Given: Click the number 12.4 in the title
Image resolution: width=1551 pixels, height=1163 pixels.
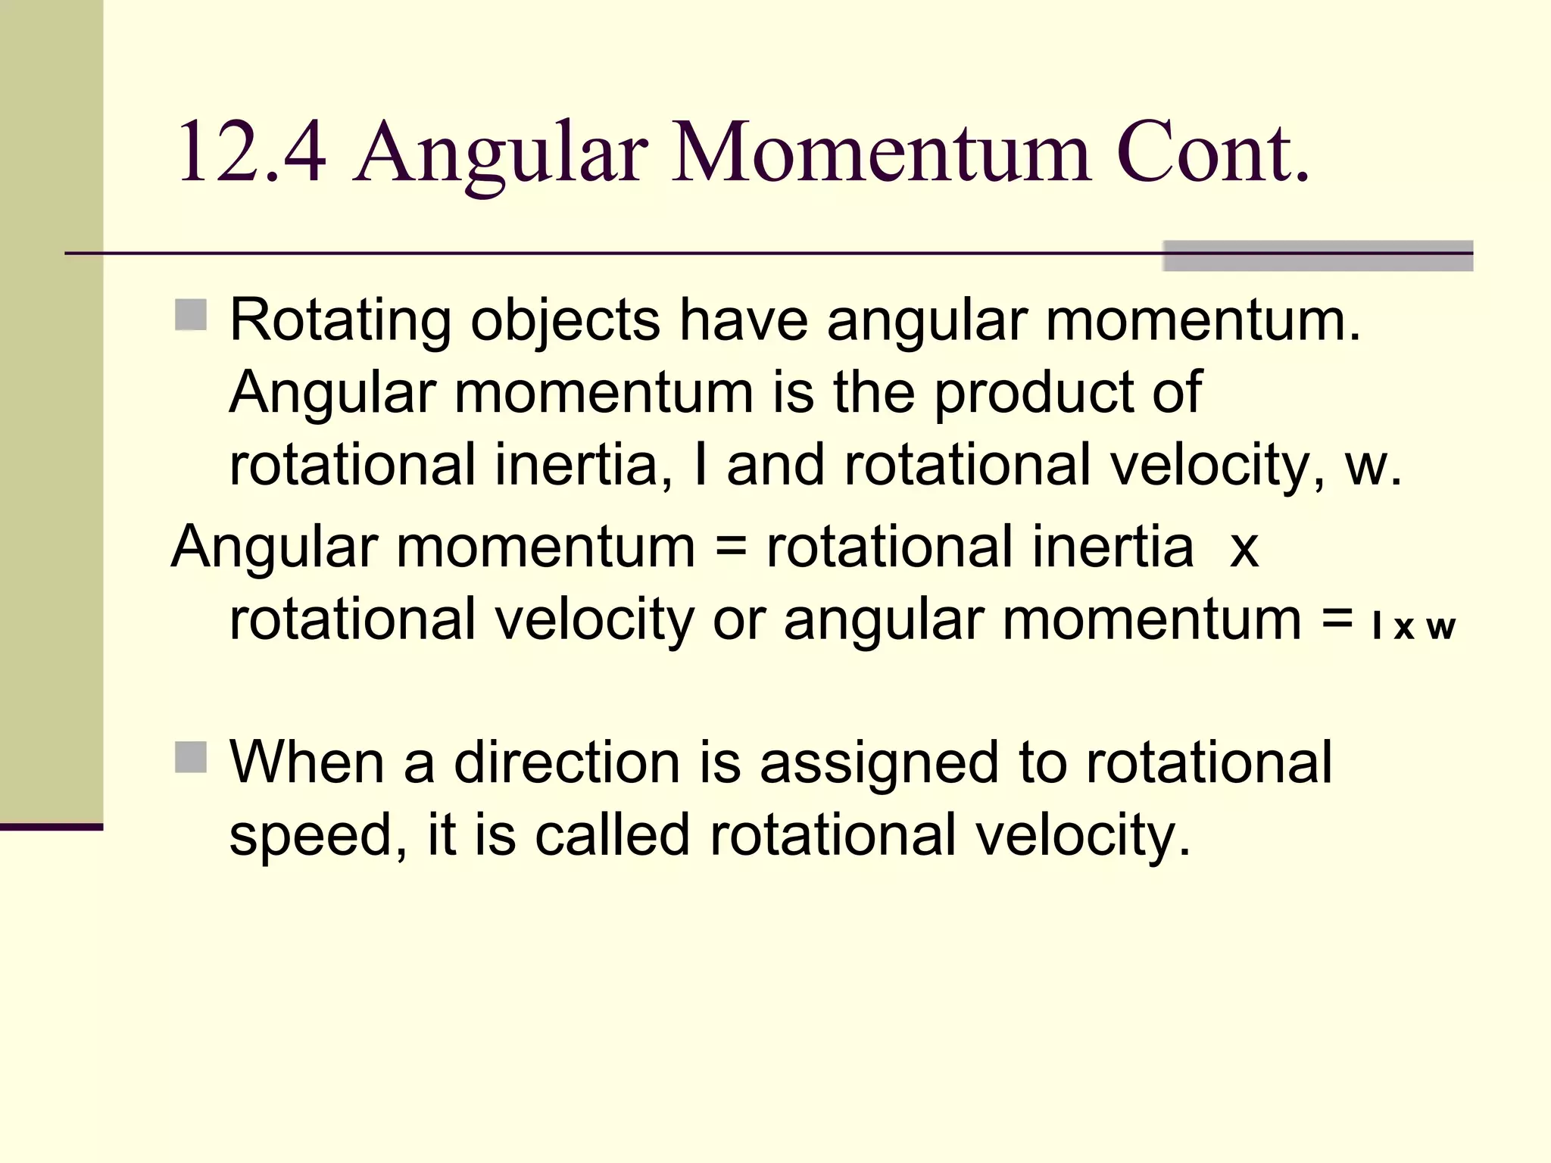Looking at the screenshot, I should [x=251, y=153].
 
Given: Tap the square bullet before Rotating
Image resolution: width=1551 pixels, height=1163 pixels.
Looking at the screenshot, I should [x=191, y=315].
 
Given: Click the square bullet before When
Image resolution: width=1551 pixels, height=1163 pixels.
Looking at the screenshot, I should [x=191, y=756].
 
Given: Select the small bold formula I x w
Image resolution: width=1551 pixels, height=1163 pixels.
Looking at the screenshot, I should [x=1413, y=627].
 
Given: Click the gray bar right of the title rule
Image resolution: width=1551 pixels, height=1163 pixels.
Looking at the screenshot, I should [x=1318, y=256].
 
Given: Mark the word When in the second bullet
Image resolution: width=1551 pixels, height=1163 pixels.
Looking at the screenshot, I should [x=307, y=762].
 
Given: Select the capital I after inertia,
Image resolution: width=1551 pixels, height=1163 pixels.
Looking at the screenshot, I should [x=701, y=465].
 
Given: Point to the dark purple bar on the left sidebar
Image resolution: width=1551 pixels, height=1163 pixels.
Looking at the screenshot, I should [x=51, y=827].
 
